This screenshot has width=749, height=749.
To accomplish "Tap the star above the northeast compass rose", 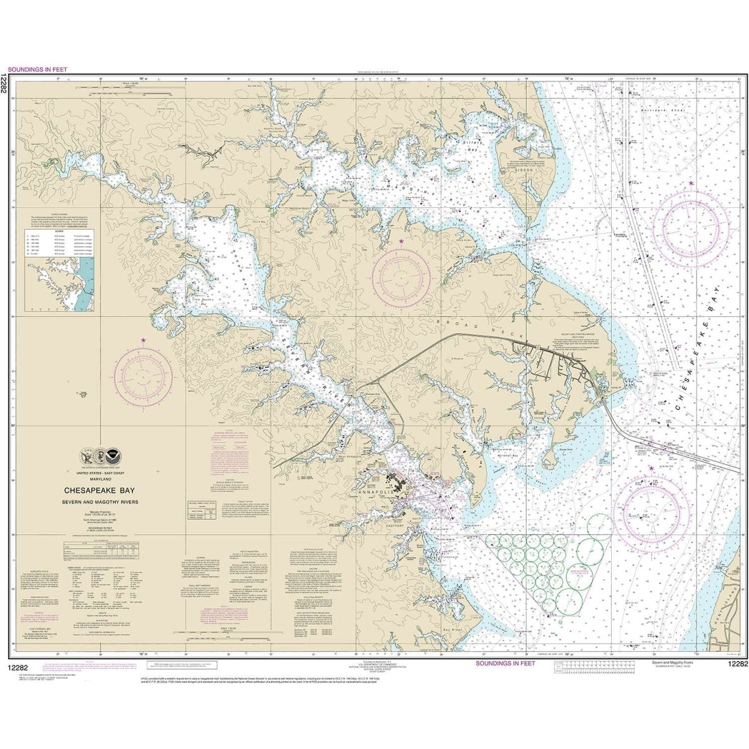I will point(691,183).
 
